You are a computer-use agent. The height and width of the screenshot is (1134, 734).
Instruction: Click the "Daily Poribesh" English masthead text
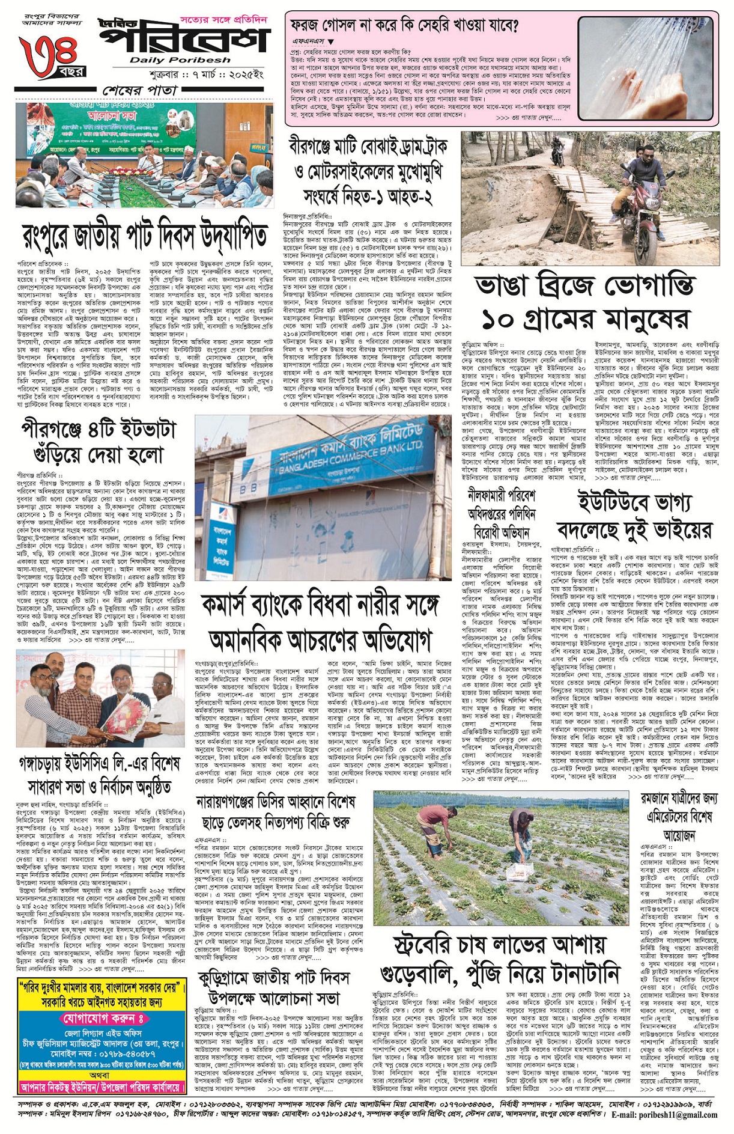click(x=180, y=60)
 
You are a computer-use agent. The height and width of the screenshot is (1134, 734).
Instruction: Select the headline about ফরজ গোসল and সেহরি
click(x=405, y=25)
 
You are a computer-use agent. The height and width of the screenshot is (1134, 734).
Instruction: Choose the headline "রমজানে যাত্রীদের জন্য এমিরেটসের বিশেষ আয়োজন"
click(x=679, y=817)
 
